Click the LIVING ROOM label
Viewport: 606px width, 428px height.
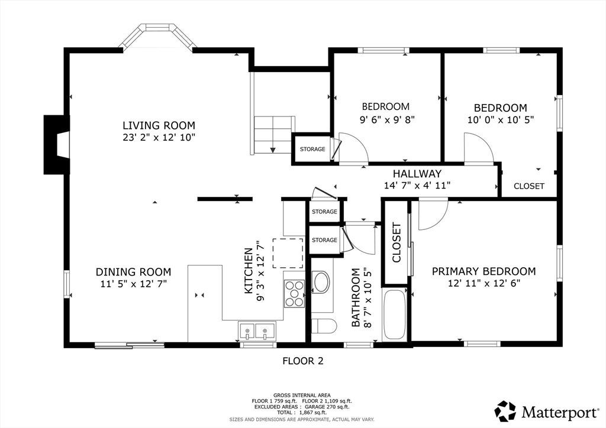159,125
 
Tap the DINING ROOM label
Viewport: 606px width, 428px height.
133,272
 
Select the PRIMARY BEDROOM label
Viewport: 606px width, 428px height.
484,271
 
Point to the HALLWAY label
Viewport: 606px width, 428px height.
417,174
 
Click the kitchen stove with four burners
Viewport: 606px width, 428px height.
294,294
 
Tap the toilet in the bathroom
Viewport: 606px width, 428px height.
324,326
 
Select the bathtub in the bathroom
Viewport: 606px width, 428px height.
394,314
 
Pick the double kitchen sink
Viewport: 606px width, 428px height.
257,331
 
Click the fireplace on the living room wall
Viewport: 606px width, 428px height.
57,144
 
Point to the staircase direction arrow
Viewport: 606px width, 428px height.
273,143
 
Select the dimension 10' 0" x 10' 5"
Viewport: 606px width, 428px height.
501,120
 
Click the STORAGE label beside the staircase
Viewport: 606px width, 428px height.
312,149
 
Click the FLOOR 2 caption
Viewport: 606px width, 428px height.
303,361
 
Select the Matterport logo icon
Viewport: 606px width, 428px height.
505,411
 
